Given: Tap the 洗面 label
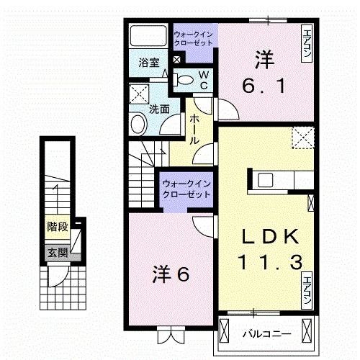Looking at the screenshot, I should coord(159,109).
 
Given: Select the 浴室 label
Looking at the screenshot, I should coord(148,63).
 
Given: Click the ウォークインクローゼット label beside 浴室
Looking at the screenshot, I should coord(192,37).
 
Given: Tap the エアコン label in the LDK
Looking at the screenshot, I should coord(307,290).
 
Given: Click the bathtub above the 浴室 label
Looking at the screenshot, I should coord(148,36).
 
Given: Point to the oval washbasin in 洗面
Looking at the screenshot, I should coord(138,125).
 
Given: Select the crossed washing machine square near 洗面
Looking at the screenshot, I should coord(138,94).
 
